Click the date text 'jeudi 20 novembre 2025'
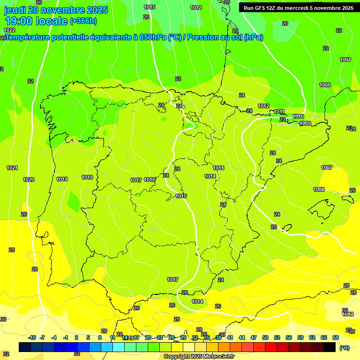click(x=56, y=10)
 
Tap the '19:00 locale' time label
click(x=36, y=21)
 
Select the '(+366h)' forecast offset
click(x=83, y=21)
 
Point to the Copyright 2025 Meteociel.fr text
click(x=199, y=356)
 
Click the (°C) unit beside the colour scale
click(x=344, y=348)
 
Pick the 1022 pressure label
click(x=9, y=30)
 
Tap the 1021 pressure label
click(x=12, y=168)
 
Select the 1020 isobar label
click(x=29, y=180)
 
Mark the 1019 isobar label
click(x=62, y=179)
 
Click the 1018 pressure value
click(x=87, y=177)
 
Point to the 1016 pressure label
click(x=150, y=180)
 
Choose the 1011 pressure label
click(x=279, y=112)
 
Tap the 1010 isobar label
click(x=298, y=116)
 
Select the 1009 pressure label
click(x=305, y=123)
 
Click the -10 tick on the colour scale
click(x=32, y=337)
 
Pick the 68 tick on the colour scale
click(x=336, y=337)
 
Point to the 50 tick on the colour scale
click(x=265, y=337)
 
